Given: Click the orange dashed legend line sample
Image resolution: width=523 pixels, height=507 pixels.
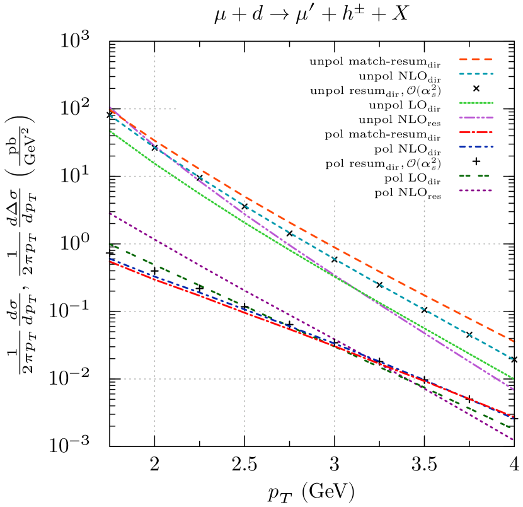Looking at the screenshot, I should [475, 59].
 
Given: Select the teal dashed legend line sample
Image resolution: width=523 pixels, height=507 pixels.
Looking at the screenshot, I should [475, 74].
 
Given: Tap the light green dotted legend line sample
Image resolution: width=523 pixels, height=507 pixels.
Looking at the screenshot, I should [475, 103].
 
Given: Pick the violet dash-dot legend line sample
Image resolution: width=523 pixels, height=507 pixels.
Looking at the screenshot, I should [475, 117].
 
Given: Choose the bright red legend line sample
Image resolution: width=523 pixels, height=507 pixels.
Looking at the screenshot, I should [475, 132].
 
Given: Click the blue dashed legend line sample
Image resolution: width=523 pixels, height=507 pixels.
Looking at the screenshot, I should [475, 147].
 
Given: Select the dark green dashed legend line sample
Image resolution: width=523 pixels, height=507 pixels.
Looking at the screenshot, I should [475, 176].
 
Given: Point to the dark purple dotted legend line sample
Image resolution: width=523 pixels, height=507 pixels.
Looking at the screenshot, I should [475, 190].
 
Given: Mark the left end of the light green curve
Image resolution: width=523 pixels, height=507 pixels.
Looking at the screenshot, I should [110, 131].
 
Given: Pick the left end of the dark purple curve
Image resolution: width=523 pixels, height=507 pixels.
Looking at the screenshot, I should [110, 214].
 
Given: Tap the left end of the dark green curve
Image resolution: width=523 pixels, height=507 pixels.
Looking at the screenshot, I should [110, 244].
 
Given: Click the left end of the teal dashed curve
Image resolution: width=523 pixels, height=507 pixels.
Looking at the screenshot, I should [110, 115].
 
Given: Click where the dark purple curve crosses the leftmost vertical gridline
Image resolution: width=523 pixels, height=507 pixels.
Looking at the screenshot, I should [154, 238].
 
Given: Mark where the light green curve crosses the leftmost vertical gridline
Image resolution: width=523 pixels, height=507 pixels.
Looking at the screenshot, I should [154, 163].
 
